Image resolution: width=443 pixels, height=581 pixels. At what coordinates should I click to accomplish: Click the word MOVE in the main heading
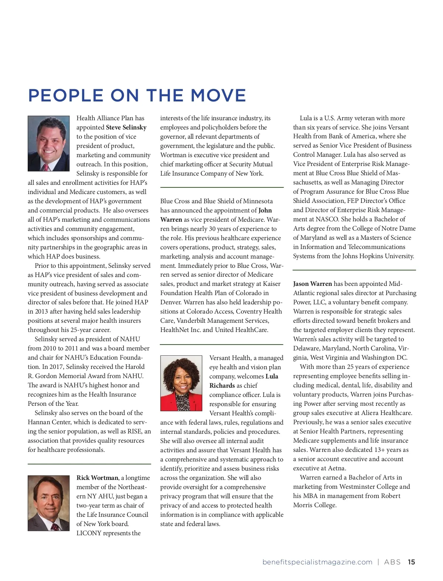coord(218,96)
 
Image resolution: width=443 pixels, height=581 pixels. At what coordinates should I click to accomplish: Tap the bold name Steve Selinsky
coord(126,127)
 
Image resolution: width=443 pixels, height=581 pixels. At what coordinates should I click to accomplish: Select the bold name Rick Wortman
coord(97,478)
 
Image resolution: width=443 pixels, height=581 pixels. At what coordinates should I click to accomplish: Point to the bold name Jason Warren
coord(312,284)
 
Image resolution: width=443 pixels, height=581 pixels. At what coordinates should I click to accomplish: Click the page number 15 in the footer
coord(411,562)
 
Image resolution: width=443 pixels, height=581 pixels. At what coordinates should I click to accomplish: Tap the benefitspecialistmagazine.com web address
coord(317,562)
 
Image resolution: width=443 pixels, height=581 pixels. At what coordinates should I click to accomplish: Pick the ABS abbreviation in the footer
coord(392,562)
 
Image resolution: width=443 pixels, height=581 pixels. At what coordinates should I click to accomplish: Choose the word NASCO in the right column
coord(327,219)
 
